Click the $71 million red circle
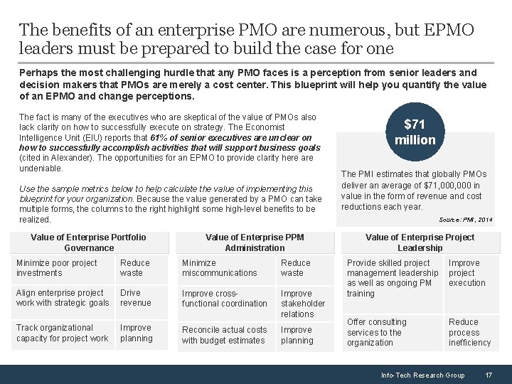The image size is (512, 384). coord(415,132)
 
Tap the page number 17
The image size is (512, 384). coord(489,375)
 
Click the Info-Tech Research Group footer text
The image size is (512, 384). coord(422,375)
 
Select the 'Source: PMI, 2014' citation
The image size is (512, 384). coord(466,220)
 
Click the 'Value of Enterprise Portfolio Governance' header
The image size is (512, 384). coord(89,242)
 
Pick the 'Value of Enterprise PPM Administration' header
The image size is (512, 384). coord(255,242)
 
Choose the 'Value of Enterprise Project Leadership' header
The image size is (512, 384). coord(420,242)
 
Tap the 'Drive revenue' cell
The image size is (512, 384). coord(135,298)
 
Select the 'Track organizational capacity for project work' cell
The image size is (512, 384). coord(62,333)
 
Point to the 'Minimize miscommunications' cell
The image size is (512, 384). coord(220,268)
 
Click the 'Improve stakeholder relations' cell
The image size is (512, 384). coord(302,304)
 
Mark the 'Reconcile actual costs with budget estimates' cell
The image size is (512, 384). coord(224,335)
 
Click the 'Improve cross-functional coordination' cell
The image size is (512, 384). coord(224,299)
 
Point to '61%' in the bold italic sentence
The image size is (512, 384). coord(159,137)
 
